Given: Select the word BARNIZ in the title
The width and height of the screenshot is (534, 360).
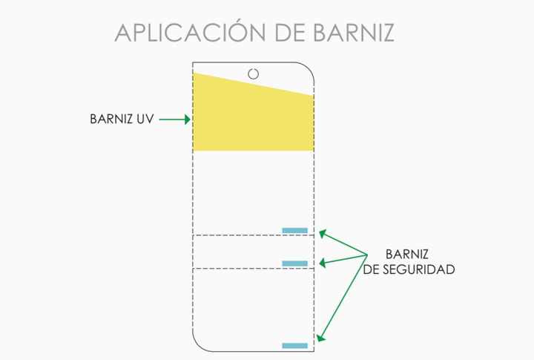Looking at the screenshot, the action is (354, 33).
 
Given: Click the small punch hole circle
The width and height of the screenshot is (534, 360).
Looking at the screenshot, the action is (253, 73).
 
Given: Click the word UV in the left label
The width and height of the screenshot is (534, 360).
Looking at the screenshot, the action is (145, 119).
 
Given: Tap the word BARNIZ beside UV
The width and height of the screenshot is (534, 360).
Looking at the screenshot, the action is (111, 119).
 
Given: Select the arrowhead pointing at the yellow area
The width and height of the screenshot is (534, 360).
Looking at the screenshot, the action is (188, 120).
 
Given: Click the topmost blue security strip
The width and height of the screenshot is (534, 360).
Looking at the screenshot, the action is (295, 230).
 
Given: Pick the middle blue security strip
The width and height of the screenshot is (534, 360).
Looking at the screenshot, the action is (295, 264).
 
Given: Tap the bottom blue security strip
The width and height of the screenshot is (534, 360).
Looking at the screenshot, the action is (295, 346).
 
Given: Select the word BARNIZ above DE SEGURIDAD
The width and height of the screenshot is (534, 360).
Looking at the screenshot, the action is (407, 255).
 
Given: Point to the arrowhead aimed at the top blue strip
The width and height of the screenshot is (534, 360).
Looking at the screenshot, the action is (323, 234).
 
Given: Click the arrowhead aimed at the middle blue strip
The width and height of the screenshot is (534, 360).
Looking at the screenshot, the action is (322, 263).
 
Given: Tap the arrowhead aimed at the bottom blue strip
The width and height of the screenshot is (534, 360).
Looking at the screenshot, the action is (320, 338).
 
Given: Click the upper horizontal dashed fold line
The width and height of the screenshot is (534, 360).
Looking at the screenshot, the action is (253, 235).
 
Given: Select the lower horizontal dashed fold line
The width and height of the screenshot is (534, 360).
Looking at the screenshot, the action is (253, 268).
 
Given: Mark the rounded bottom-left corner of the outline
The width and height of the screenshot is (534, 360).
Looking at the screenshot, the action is (198, 345).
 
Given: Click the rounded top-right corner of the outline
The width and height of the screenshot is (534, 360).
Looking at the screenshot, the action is (309, 68).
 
